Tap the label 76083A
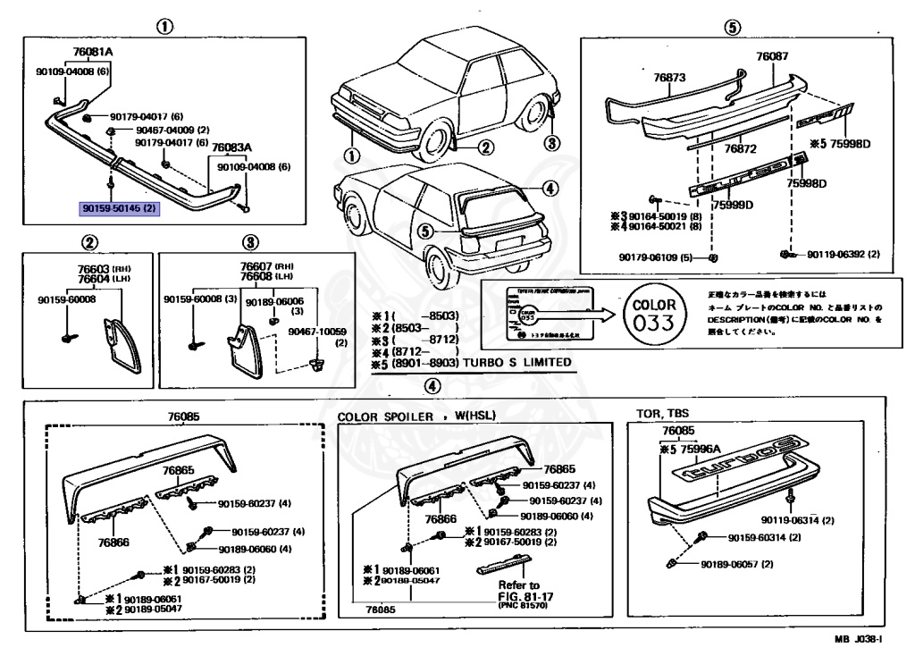click(231, 147)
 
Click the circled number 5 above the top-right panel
click(732, 27)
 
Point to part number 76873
click(669, 78)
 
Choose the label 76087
click(772, 55)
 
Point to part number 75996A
click(704, 450)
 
